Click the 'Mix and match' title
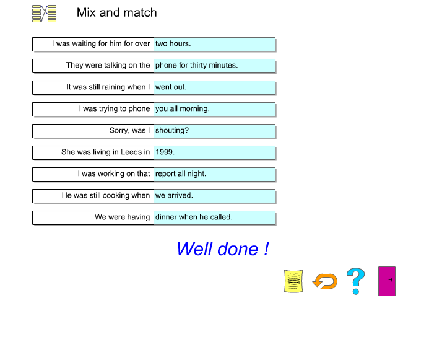coord(116,12)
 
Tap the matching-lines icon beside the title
coord(44,14)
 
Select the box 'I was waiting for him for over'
coord(93,44)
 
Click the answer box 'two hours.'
coord(214,44)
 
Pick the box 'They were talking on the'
coord(93,66)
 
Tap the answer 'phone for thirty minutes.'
coord(214,66)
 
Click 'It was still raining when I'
coord(93,87)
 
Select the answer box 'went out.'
coord(214,87)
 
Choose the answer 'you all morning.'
coord(214,109)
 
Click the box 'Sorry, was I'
coord(93,131)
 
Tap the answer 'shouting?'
coord(214,131)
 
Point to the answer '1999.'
coord(214,152)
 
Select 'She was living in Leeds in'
coord(93,152)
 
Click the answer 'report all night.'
coord(214,174)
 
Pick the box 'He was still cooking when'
coord(93,196)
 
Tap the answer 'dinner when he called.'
coord(214,217)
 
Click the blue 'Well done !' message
coord(222,249)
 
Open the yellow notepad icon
coord(293,281)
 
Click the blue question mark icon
coord(355,281)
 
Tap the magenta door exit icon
coord(386,281)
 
